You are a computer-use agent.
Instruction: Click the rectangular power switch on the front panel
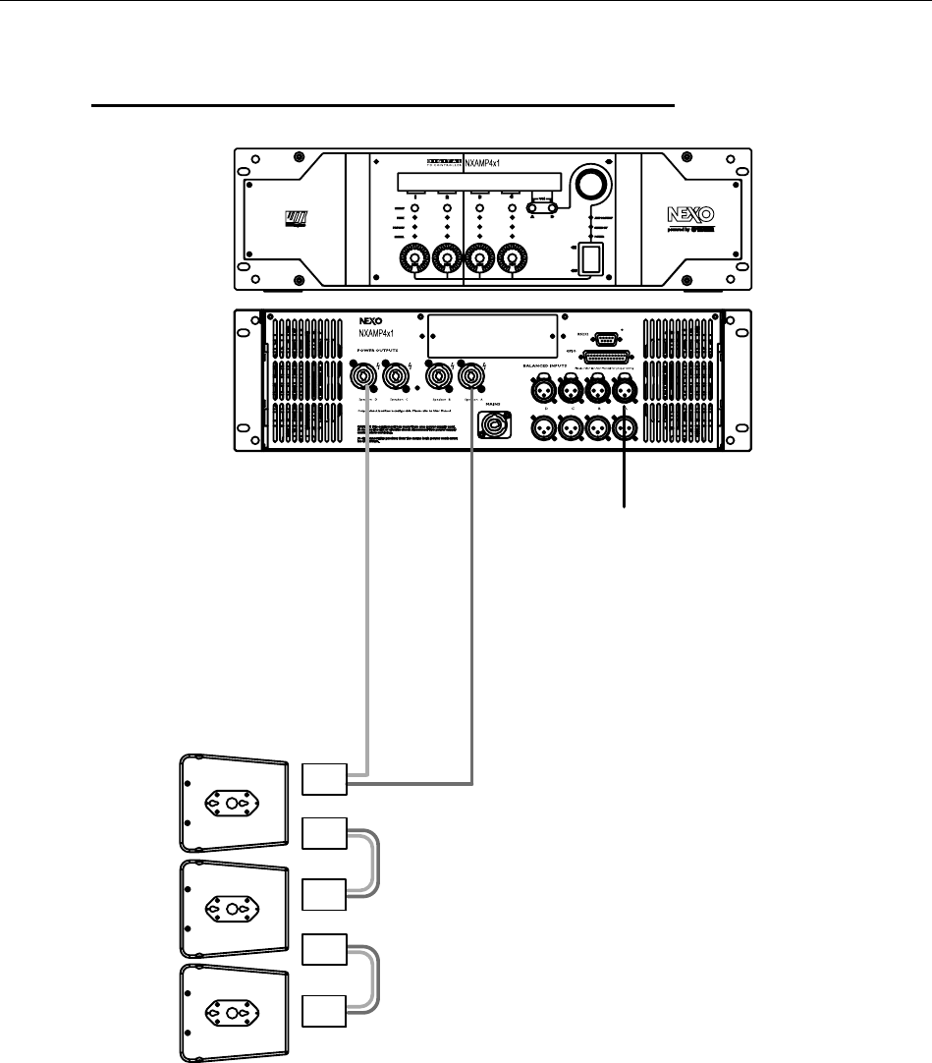(590, 258)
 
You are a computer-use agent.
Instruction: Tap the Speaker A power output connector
(471, 374)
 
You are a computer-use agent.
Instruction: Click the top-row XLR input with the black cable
(623, 392)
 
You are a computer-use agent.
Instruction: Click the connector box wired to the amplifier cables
(323, 778)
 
